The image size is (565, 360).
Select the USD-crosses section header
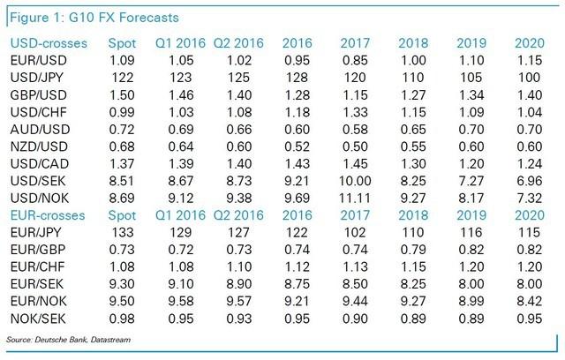42,43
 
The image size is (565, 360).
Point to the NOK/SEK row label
35,319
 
